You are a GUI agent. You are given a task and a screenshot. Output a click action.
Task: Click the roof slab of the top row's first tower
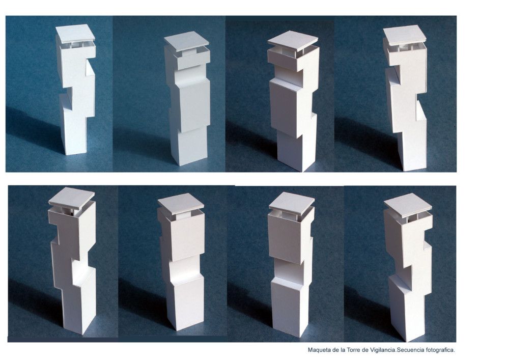tap(75, 34)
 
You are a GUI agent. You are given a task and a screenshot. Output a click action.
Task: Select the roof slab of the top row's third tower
tap(292, 41)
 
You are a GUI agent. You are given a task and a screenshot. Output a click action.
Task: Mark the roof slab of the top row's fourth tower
tap(404, 35)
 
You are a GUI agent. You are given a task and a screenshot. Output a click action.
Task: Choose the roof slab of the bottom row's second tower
tap(181, 204)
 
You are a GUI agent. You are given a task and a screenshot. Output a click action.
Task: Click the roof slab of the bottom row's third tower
tap(292, 203)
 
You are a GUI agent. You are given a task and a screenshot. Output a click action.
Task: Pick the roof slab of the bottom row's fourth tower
tap(408, 205)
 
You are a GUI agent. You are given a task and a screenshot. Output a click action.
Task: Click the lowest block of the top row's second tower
tap(189, 146)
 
